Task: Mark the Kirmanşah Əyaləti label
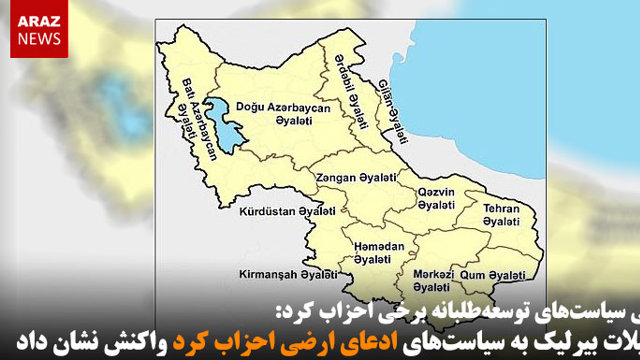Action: pyautogui.click(x=279, y=273)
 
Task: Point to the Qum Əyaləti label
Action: pyautogui.click(x=499, y=276)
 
